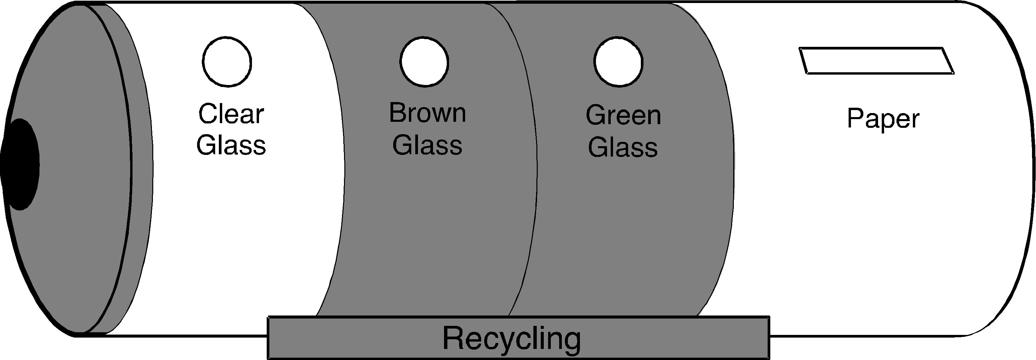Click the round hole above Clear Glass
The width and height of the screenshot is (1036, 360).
pyautogui.click(x=227, y=62)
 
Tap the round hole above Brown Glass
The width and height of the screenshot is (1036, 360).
pyautogui.click(x=424, y=62)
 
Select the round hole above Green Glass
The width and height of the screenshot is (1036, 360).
pyautogui.click(x=618, y=62)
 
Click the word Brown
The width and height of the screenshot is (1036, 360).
pyautogui.click(x=428, y=113)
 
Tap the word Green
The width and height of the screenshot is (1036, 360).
pyautogui.click(x=623, y=115)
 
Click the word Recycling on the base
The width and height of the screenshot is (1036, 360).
pyautogui.click(x=512, y=339)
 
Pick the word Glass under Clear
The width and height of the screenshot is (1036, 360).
pyautogui.click(x=231, y=145)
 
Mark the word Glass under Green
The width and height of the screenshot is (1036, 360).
pyautogui.click(x=623, y=147)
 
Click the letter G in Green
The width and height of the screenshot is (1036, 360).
pyautogui.click(x=595, y=115)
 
